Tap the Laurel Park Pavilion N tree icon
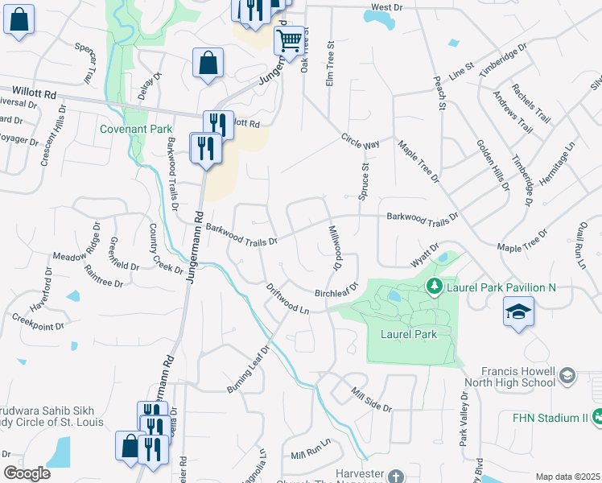click(434, 286)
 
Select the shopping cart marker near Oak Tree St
click(289, 40)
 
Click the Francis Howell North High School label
click(510, 378)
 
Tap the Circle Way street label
click(360, 141)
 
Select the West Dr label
click(386, 7)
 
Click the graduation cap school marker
click(518, 312)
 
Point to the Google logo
click(27, 474)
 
